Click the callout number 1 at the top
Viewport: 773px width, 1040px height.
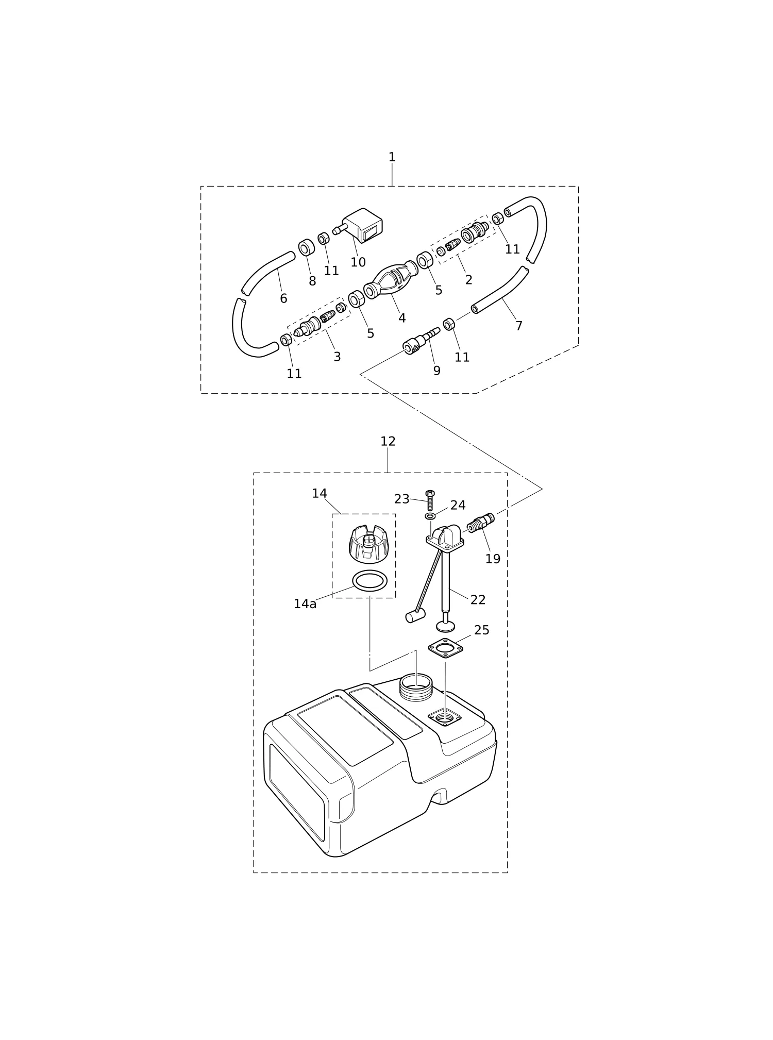point(392,157)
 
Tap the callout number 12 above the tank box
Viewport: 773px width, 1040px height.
point(388,441)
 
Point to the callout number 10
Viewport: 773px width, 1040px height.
point(358,262)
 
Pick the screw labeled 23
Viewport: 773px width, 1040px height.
point(430,500)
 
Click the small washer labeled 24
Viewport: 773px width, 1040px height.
point(430,516)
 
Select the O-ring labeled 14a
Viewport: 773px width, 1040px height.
point(369,581)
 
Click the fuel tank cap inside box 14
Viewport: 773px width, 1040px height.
point(369,544)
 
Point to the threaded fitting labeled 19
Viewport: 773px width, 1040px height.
point(481,523)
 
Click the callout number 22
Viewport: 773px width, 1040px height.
point(478,600)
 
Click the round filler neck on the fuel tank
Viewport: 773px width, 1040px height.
point(416,687)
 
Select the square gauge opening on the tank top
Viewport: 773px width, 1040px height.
point(445,717)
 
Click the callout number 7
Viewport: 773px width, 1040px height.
point(519,326)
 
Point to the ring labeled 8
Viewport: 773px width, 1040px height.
point(307,247)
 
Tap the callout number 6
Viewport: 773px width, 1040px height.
point(283,298)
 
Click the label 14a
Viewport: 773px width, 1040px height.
point(305,604)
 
